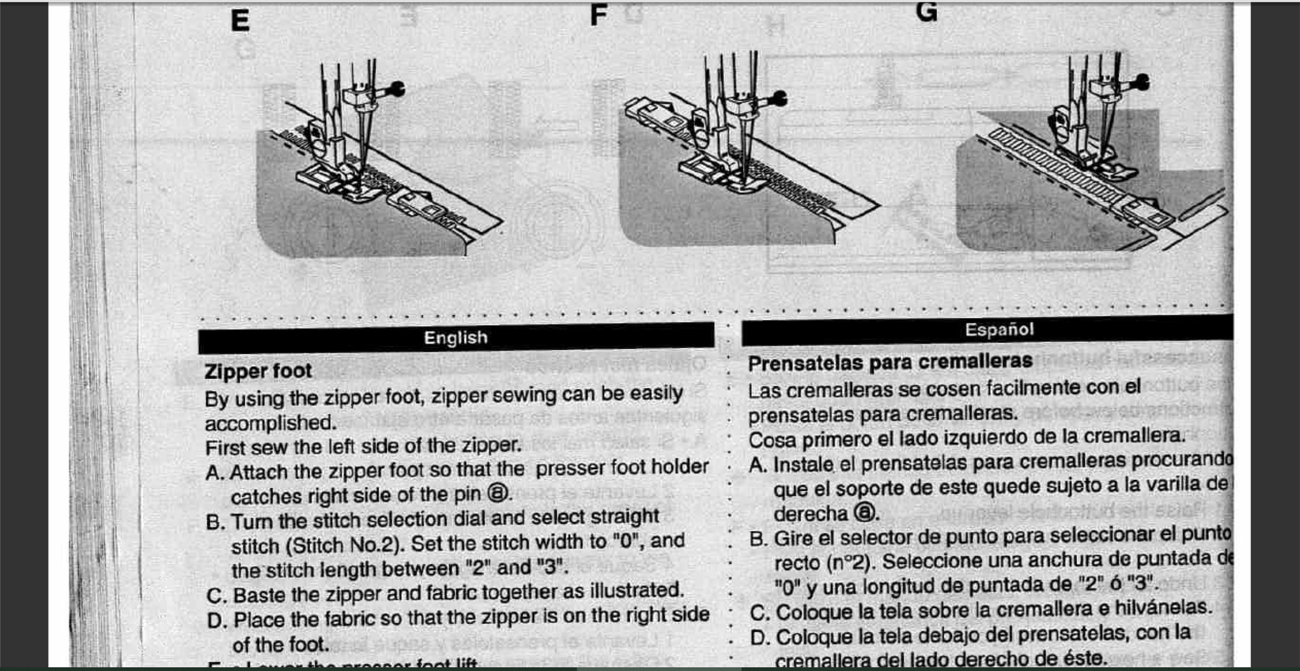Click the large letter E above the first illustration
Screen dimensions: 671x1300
pos(240,21)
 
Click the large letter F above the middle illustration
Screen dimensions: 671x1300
pos(598,15)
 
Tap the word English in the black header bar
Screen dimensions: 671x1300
pos(456,337)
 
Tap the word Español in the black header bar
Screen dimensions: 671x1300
pos(999,330)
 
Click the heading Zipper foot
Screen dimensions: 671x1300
pos(258,371)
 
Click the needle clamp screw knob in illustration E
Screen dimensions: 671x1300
pos(397,89)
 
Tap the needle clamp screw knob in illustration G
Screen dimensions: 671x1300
pos(1143,82)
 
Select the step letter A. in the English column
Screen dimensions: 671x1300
pos(215,473)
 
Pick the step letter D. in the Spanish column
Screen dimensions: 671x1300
pos(760,638)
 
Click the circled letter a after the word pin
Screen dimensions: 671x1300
pos(497,493)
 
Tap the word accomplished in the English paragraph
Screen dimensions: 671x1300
pos(270,423)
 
